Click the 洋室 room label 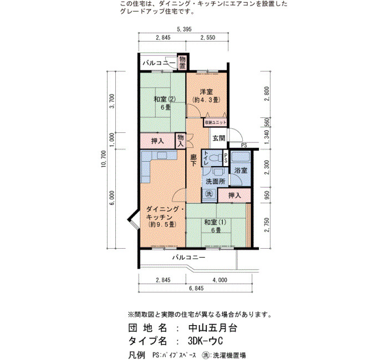(206, 92)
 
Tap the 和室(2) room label (165, 99)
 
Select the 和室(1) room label (215, 222)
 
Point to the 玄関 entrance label (219, 138)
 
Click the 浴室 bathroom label (241, 171)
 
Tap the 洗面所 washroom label (216, 181)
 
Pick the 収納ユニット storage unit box (215, 122)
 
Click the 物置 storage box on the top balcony (182, 63)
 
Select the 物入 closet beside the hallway (180, 141)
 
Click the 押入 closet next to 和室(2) (157, 141)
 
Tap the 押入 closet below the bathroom (234, 196)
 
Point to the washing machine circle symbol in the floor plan (209, 194)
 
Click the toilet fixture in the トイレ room (216, 158)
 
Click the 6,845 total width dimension (196, 288)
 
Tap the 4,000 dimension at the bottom (219, 280)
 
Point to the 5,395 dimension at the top (184, 29)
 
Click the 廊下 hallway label (193, 160)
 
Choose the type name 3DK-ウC (205, 341)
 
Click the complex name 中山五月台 (213, 328)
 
